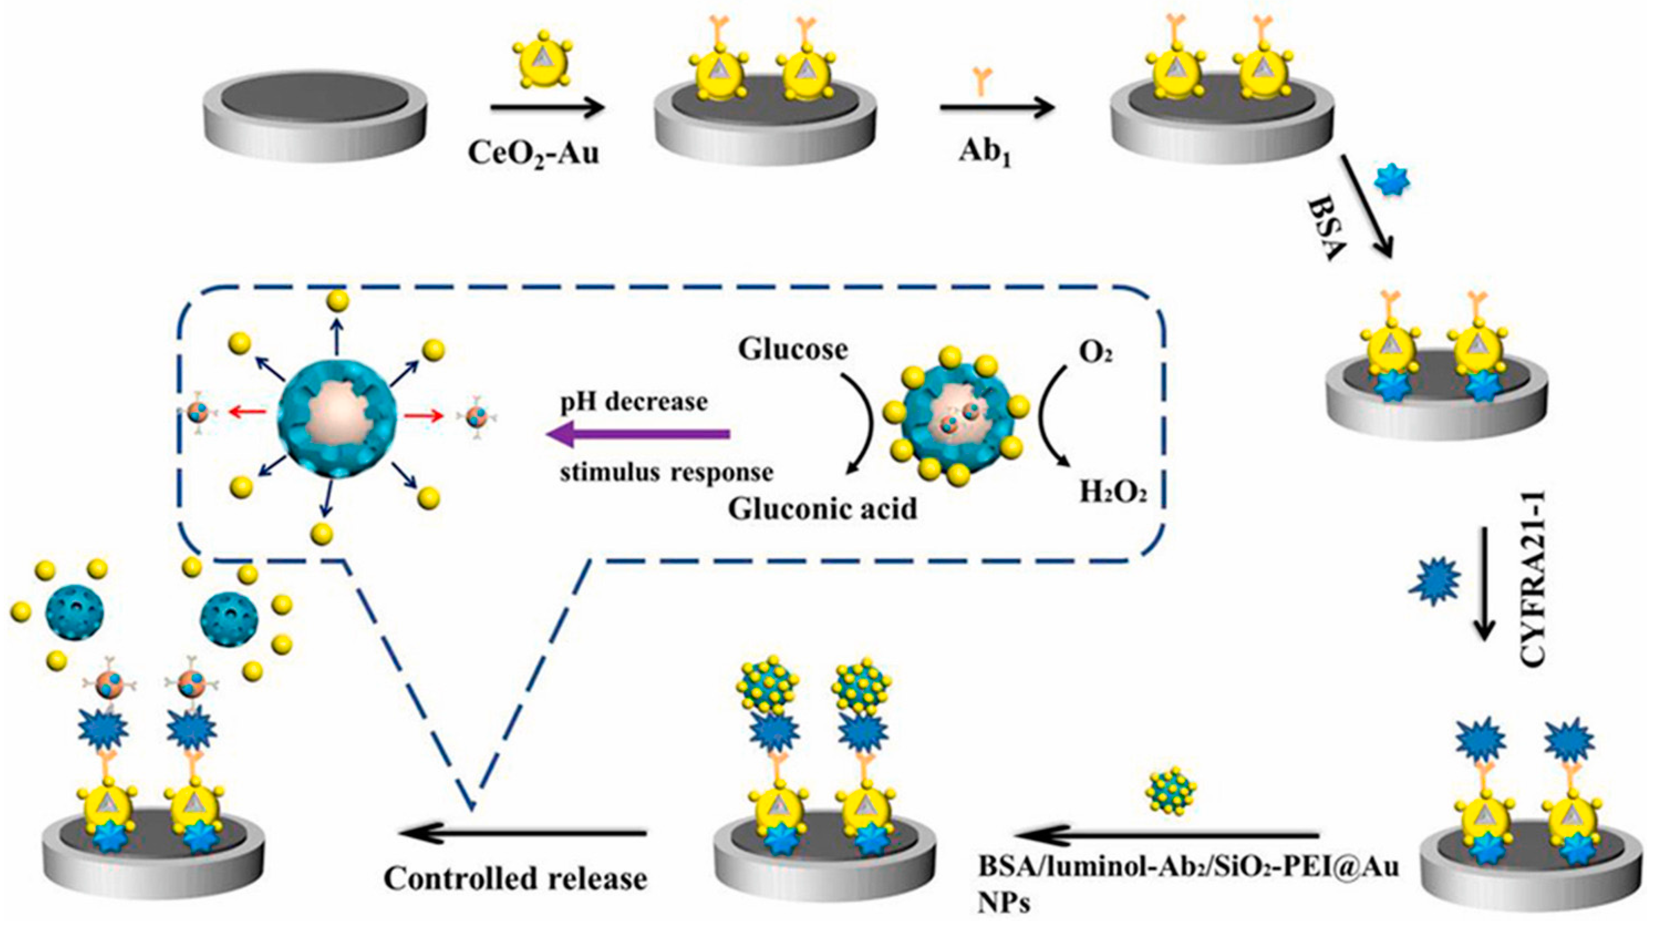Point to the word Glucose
pos(792,349)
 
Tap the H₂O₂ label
pos(1113,493)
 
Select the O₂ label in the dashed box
pos(1095,353)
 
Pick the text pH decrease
pos(633,401)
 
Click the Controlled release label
pos(515,878)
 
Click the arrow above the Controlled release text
pos(521,833)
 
